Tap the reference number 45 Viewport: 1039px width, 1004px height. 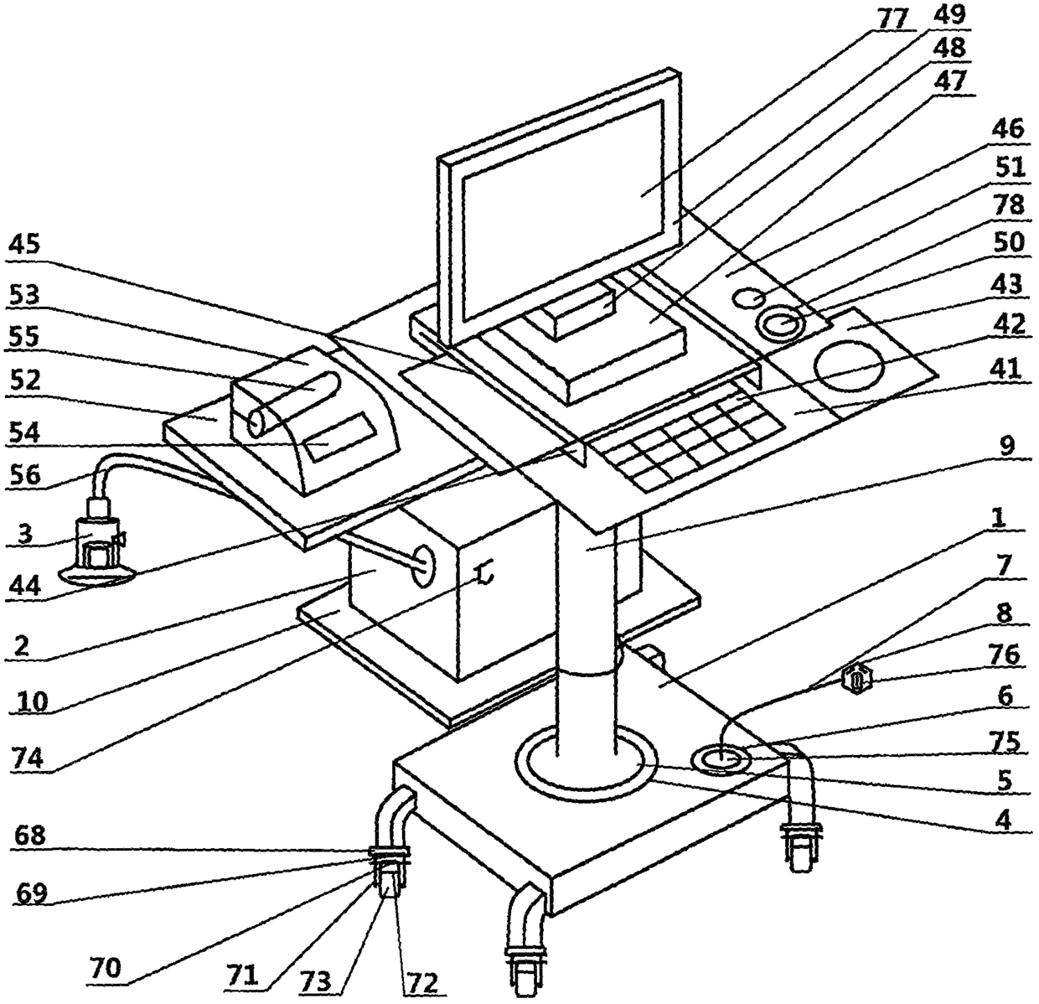(24, 246)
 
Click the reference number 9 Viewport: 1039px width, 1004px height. (1005, 446)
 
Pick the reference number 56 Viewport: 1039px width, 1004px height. (24, 474)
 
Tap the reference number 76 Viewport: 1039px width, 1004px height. (1005, 655)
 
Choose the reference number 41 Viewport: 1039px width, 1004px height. (1005, 369)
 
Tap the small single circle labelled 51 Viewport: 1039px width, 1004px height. (751, 298)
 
